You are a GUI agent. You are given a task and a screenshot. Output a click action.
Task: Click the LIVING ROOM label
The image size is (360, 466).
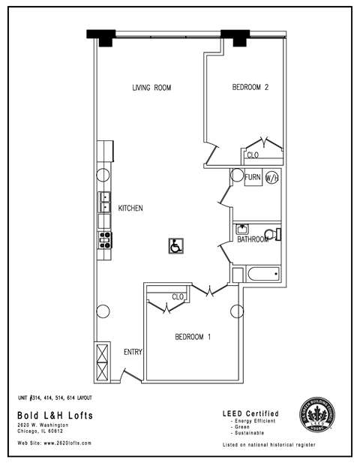[151, 88]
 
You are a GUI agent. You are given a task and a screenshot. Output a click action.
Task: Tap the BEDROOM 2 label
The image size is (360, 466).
[250, 88]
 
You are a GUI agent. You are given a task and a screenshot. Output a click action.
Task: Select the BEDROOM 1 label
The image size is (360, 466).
[193, 337]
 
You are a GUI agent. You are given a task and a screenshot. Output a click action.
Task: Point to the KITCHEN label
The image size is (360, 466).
[130, 208]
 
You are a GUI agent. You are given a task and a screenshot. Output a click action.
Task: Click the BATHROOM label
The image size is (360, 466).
[253, 240]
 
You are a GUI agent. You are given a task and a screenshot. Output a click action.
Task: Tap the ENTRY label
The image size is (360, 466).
[133, 352]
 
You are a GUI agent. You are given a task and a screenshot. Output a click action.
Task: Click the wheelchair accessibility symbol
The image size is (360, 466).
[175, 245]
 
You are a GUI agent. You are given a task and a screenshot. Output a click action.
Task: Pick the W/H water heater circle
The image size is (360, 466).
[271, 179]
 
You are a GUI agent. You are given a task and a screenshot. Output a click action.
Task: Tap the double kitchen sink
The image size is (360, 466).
[106, 203]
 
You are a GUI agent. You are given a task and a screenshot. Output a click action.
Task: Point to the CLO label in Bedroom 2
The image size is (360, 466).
[253, 155]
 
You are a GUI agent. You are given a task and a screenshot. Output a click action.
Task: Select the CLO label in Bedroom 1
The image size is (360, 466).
[178, 297]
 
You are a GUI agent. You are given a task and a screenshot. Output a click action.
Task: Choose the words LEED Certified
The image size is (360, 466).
[251, 413]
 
